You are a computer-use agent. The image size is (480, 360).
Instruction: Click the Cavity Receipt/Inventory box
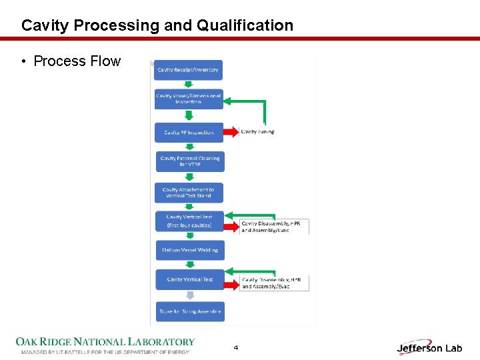point(189,70)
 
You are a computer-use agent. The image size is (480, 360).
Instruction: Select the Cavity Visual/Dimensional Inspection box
point(189,99)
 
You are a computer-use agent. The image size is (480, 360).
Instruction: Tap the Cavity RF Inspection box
point(189,132)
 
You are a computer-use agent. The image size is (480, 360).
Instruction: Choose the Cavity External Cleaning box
point(189,161)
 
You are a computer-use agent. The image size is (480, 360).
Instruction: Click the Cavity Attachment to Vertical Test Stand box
point(189,193)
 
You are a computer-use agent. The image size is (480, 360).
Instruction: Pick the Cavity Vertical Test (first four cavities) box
point(189,221)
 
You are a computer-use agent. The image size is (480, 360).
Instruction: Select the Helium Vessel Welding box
point(189,250)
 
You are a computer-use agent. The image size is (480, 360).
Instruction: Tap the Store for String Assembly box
point(189,311)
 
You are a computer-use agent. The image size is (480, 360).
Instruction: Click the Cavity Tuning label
point(257,132)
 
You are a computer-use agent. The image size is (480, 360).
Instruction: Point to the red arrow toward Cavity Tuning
point(231,132)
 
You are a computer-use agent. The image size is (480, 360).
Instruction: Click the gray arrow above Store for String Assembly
point(189,295)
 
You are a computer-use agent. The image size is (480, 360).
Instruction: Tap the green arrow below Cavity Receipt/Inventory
point(189,85)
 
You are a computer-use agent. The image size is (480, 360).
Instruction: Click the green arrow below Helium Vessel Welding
point(189,265)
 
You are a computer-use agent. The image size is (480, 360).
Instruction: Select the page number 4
point(236,348)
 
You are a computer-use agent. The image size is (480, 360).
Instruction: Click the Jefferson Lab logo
point(429,348)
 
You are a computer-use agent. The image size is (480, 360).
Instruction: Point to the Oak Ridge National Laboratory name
point(105,342)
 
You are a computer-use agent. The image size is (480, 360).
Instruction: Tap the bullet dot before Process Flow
point(23,61)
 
